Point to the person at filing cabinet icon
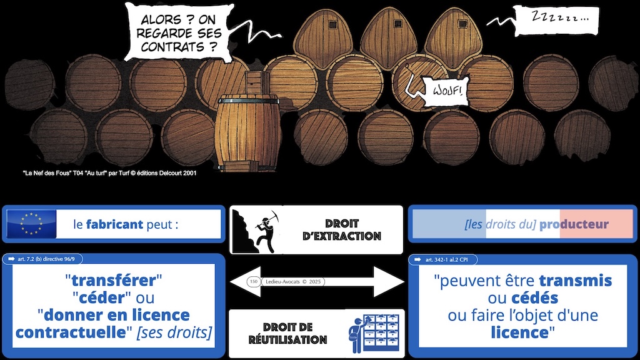pos(372,333)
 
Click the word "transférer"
pos(114,280)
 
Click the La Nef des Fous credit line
pos(108,173)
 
